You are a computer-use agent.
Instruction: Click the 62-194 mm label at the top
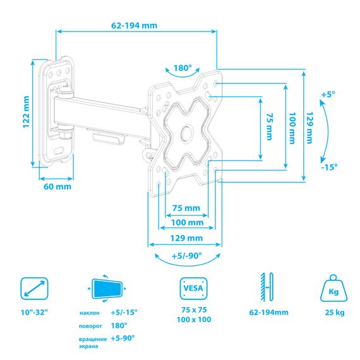135,25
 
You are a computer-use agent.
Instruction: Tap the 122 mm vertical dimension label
26,112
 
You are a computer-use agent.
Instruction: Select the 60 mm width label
57,186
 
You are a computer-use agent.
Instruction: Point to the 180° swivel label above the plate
183,68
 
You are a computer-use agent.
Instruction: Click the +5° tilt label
328,95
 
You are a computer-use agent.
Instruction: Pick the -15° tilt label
329,167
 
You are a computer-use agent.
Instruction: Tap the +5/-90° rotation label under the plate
187,256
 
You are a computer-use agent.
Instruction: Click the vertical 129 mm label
309,128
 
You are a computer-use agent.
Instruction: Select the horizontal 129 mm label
186,238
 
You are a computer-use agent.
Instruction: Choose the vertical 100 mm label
292,128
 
